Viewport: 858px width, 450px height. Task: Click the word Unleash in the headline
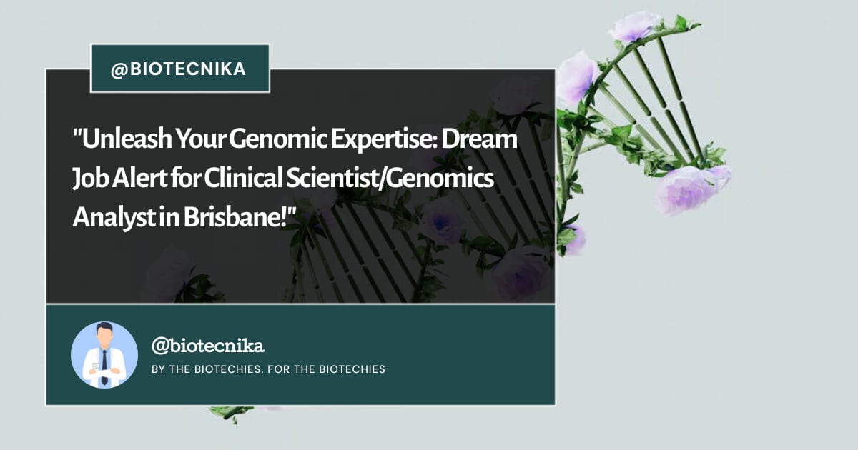click(x=122, y=139)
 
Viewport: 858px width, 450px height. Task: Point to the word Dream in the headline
click(x=479, y=139)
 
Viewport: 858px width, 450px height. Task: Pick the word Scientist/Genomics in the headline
click(x=390, y=179)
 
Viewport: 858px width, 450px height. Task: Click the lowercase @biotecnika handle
click(x=207, y=346)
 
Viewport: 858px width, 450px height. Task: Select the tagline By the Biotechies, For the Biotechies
click(x=269, y=369)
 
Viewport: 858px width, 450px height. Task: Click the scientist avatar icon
click(x=104, y=355)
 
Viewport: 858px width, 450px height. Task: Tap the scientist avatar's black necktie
click(x=104, y=367)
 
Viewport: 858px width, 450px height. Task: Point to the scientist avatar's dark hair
click(x=104, y=329)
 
